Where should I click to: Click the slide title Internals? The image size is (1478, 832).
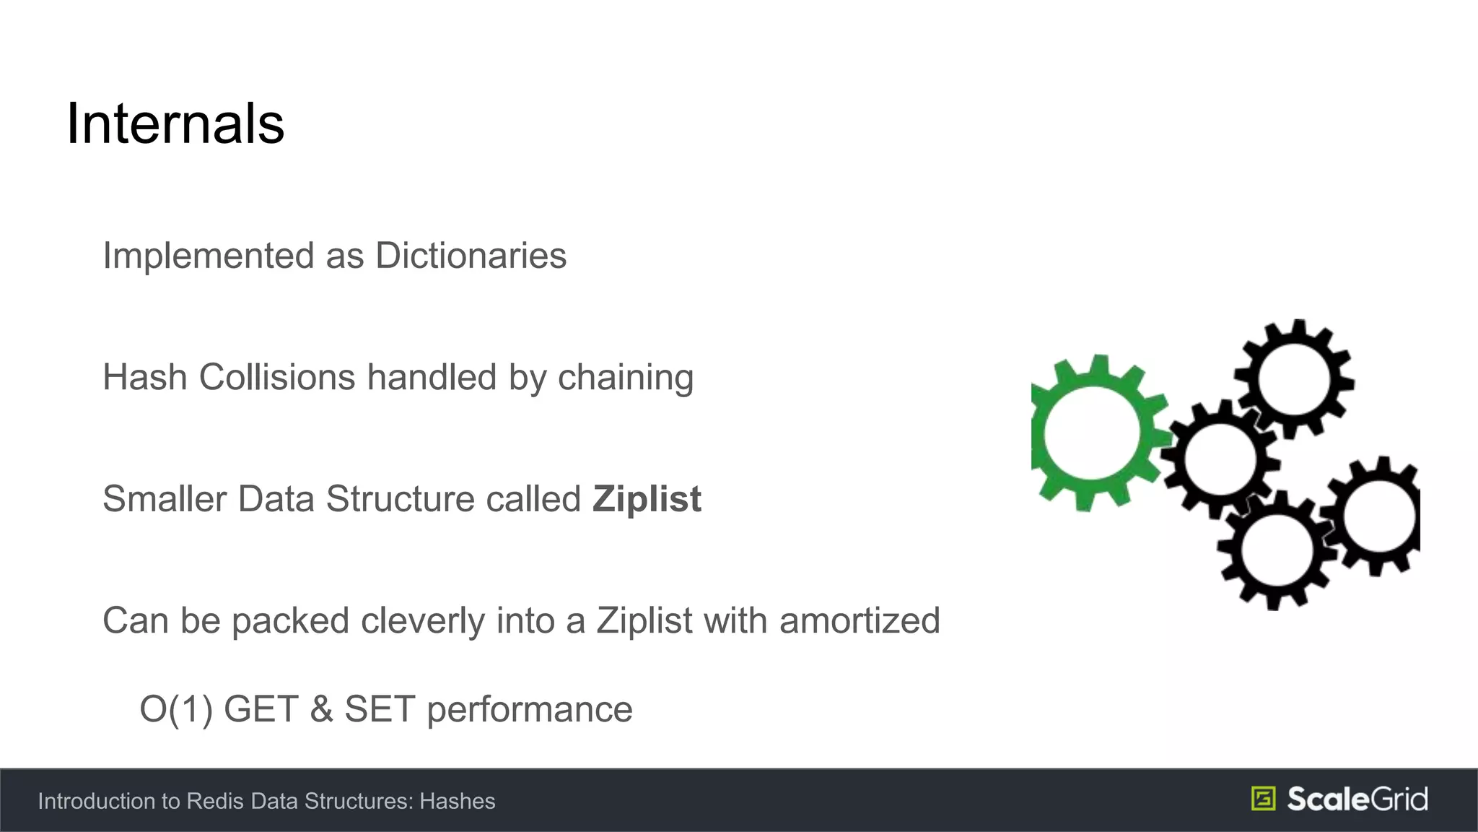coord(175,124)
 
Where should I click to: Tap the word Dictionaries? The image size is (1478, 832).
coord(471,256)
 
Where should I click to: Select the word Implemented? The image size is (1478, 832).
coord(209,256)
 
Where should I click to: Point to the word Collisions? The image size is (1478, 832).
coord(277,377)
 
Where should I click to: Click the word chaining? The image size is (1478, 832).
coord(625,377)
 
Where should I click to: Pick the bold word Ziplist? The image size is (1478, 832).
coord(647,499)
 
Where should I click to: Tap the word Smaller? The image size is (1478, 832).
coord(165,499)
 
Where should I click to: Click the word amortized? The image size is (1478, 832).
coord(860,620)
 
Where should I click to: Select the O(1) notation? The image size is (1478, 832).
coord(176,709)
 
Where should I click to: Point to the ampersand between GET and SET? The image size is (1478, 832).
coord(321,709)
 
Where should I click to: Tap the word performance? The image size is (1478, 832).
coord(530,709)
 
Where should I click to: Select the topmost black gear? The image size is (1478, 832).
coord(1293,378)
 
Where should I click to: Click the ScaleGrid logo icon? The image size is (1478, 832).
coord(1263,799)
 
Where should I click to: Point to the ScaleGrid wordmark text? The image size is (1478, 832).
coord(1357,799)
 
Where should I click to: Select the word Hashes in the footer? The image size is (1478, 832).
coord(458,801)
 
